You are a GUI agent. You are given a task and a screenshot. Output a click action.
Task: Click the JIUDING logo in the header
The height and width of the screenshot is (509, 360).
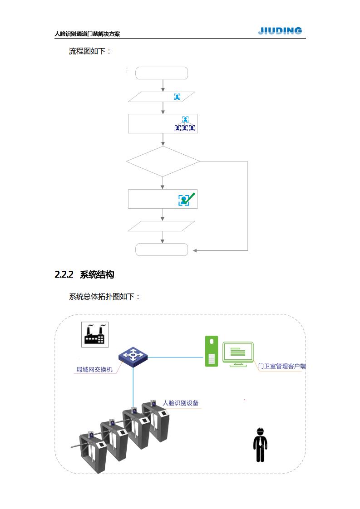(280, 31)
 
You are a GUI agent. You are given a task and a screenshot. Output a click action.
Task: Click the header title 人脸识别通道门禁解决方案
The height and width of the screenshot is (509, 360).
(87, 34)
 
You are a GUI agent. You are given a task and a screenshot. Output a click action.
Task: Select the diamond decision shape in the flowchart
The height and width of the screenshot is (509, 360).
(163, 161)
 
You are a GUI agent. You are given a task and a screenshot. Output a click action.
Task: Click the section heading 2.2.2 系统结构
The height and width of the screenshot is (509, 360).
(84, 274)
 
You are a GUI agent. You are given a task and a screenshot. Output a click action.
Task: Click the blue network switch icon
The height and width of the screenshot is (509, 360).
(133, 356)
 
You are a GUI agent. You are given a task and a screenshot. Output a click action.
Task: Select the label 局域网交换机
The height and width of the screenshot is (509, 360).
(94, 369)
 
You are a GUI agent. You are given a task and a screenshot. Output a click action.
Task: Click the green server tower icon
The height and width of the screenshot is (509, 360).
(212, 351)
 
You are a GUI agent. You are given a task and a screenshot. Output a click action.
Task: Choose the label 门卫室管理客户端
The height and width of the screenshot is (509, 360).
(281, 366)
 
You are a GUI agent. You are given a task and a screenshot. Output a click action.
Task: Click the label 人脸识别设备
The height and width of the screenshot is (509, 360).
(180, 403)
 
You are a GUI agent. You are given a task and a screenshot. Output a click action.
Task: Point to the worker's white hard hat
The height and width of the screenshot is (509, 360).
(261, 431)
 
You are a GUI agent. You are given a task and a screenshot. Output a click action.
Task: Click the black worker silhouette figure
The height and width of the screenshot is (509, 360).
(261, 447)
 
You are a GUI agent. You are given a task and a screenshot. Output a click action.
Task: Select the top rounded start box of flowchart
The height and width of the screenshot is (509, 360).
(162, 73)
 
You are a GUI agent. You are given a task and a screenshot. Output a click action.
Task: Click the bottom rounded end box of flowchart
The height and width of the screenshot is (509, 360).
(162, 250)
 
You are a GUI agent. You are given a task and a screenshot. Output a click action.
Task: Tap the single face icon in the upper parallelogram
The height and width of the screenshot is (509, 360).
(177, 97)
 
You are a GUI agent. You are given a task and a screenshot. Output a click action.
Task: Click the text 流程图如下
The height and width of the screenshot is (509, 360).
(90, 51)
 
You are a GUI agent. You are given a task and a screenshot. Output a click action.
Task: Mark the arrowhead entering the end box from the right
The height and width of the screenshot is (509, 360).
(195, 250)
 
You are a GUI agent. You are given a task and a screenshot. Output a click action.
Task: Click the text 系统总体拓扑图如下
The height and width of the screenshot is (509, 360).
(104, 297)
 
